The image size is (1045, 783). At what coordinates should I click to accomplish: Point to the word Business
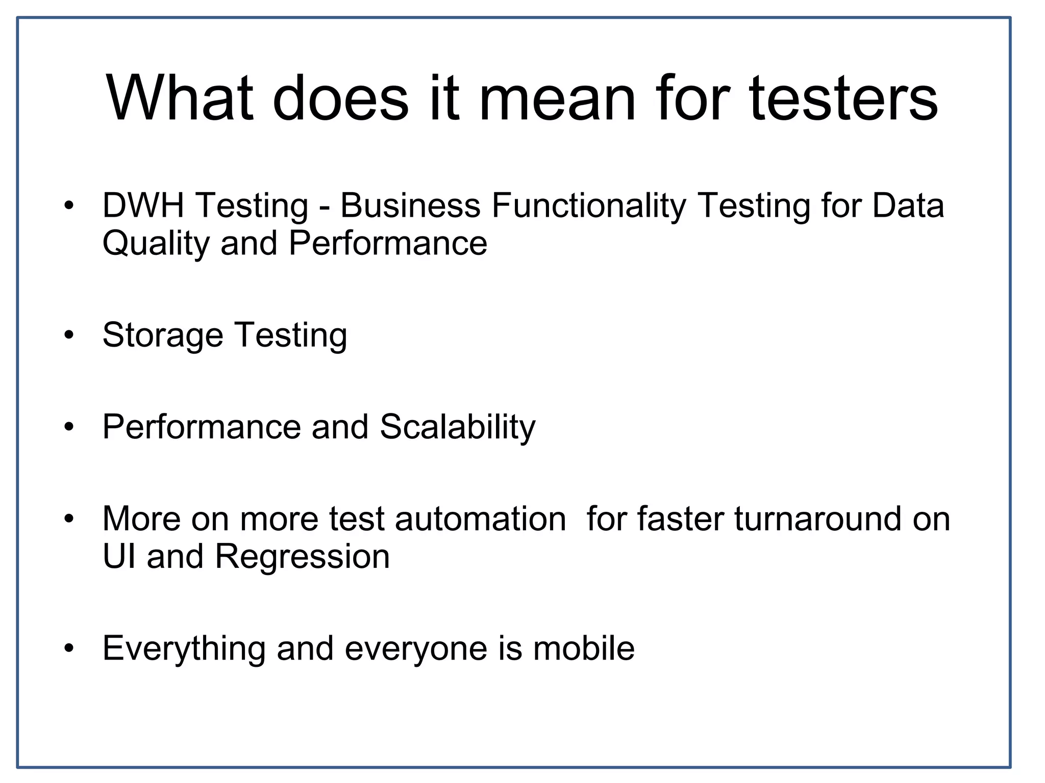coord(410,205)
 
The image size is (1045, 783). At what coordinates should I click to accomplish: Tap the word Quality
coord(156,244)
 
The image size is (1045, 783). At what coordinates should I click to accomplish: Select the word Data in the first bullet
coord(908,205)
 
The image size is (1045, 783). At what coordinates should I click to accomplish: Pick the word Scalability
coord(458,427)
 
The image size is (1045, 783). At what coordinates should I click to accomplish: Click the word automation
coord(480,519)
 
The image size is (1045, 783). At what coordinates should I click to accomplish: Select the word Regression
coord(303,557)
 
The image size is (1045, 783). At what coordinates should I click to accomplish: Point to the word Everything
coord(184,649)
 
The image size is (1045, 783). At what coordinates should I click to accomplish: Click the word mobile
coord(584,648)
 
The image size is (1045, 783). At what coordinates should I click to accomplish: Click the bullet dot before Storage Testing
coord(69,335)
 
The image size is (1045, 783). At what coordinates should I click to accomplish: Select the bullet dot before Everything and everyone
coord(69,648)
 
